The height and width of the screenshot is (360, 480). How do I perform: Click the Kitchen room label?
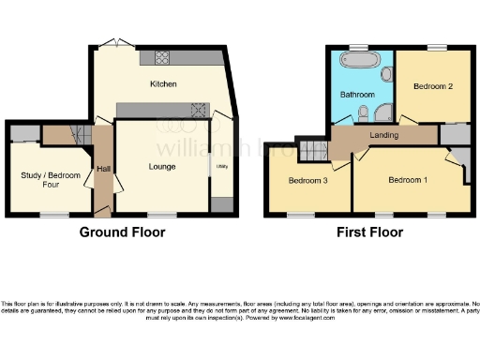pos(164,83)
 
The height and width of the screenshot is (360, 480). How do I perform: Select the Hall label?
pos(102,169)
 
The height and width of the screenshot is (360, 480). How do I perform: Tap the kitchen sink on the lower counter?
pos(198,109)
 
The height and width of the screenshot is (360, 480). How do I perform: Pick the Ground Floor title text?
pos(117,232)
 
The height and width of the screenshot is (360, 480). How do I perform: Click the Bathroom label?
pos(357,94)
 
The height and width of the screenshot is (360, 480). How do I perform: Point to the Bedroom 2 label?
pos(433,86)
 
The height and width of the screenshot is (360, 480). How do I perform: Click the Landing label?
pos(384,136)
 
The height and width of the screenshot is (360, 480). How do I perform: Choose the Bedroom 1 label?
pos(409,179)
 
